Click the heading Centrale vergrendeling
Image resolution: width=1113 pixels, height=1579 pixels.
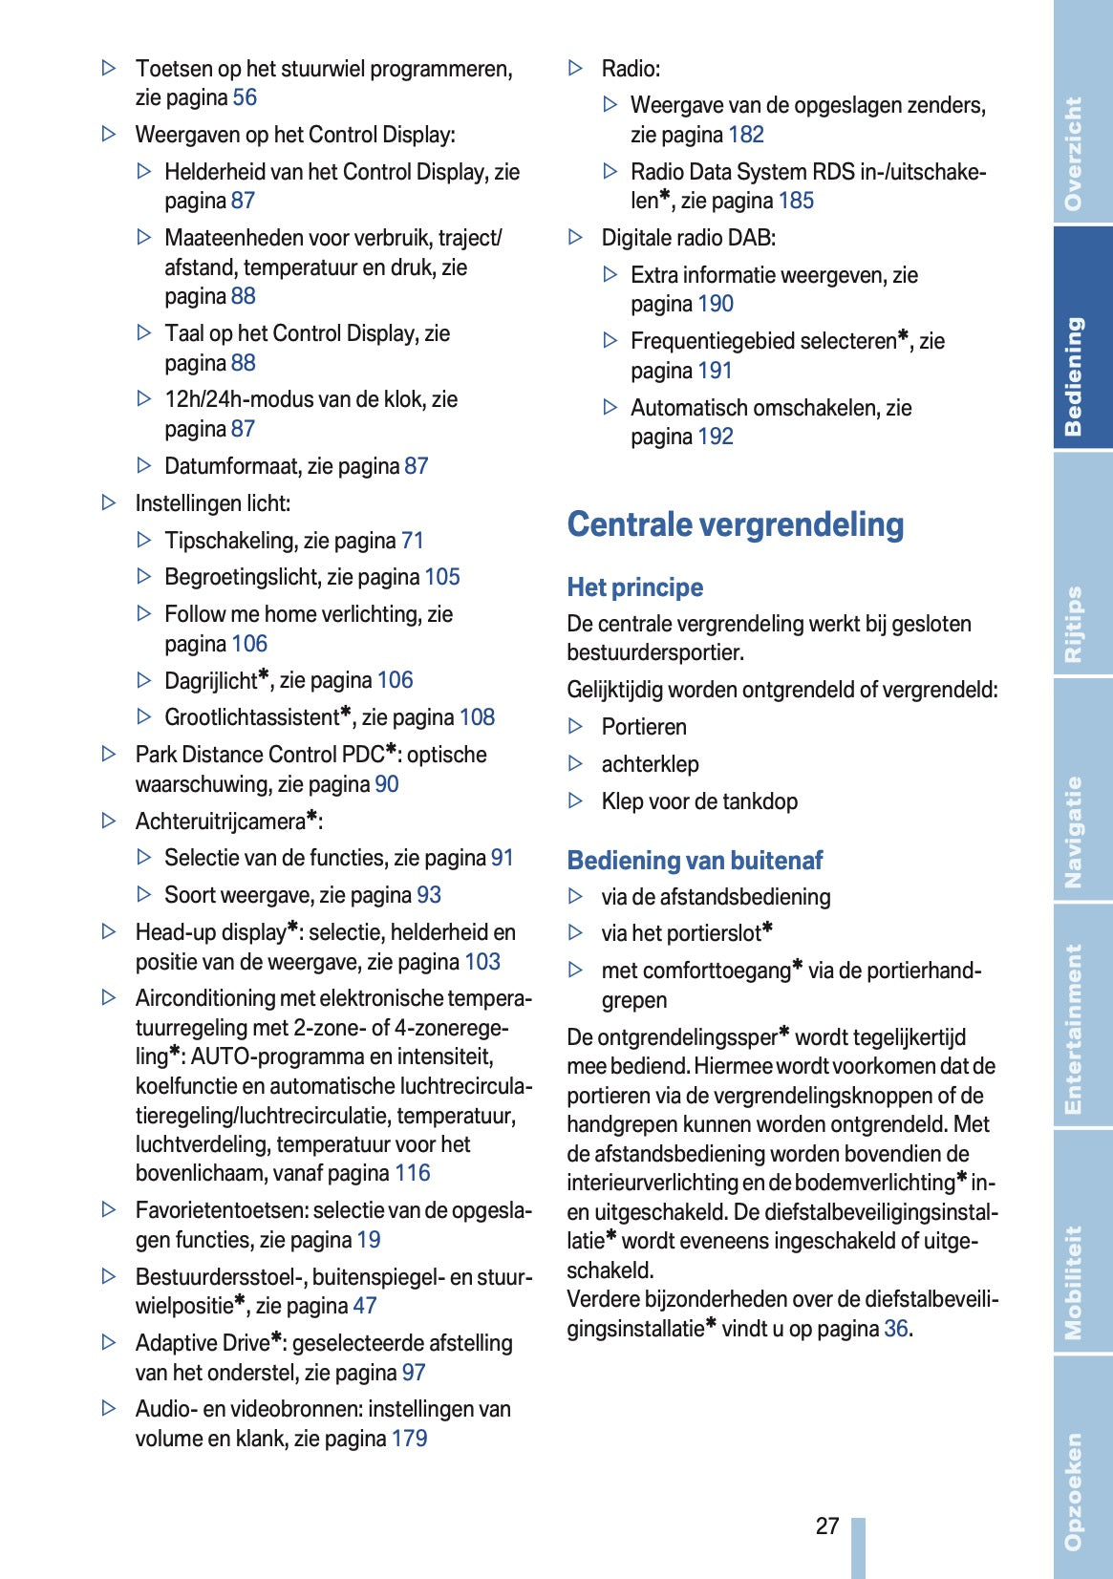735,524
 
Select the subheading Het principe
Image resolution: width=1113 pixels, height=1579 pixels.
634,587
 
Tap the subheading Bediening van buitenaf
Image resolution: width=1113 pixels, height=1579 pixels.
695,861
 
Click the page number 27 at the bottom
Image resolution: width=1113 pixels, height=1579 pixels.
827,1526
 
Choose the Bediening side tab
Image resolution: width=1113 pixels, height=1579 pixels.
1076,375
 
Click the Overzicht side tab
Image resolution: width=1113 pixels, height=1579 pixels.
1076,153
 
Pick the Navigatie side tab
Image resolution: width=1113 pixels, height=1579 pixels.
1076,831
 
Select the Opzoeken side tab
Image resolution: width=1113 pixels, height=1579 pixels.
1076,1490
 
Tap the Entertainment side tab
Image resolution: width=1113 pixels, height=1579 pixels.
1076,1029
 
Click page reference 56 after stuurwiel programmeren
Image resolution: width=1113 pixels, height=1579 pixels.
245,97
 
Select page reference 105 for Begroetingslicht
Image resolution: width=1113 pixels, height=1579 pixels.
442,577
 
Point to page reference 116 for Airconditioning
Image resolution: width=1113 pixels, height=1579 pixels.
413,1173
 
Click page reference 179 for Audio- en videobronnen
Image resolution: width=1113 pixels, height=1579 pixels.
410,1439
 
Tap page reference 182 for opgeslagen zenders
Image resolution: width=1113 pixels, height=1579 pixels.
746,135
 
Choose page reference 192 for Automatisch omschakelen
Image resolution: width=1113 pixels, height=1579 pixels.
716,437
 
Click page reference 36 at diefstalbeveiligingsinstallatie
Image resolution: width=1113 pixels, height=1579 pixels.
896,1329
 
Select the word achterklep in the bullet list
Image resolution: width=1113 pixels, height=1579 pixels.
650,764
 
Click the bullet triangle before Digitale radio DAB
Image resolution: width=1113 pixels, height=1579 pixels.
575,237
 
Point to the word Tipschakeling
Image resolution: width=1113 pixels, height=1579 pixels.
230,541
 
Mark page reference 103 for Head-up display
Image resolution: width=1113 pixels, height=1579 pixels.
482,962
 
